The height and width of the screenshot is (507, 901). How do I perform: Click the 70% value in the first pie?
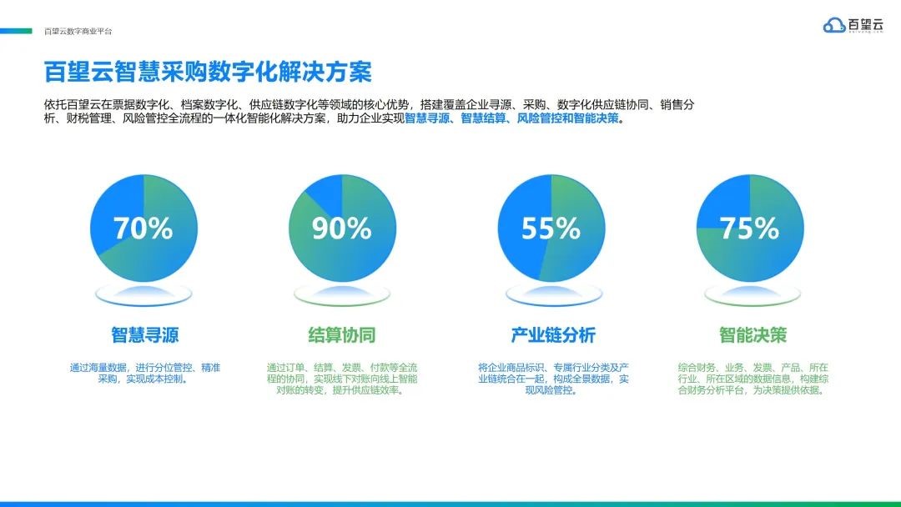(x=143, y=228)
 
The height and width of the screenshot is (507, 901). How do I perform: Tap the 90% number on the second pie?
(x=342, y=228)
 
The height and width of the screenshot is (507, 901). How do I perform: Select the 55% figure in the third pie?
(x=551, y=228)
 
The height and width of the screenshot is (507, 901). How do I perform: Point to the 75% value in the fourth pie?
(x=749, y=228)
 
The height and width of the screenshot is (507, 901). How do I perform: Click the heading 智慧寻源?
(x=145, y=334)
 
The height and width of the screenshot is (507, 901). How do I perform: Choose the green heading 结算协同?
(x=342, y=334)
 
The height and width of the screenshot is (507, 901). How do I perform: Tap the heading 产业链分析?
(x=553, y=334)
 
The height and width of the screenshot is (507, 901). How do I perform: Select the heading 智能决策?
(x=753, y=334)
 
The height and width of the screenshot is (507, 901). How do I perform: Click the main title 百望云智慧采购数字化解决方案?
(x=208, y=72)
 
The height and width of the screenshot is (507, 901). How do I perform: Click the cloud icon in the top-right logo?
(x=833, y=25)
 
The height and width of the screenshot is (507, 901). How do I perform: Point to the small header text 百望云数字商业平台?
(x=78, y=32)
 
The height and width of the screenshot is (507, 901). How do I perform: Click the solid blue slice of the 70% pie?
(x=115, y=213)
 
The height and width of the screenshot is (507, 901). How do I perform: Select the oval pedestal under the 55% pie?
(x=554, y=295)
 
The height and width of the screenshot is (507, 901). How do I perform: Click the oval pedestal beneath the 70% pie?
(x=143, y=295)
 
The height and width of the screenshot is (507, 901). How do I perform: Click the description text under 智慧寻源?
(x=145, y=374)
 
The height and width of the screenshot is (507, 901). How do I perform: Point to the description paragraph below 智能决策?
(x=753, y=379)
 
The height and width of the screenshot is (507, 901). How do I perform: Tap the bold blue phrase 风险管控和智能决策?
(x=568, y=119)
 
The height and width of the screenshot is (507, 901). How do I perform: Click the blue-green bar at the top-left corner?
(x=16, y=30)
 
